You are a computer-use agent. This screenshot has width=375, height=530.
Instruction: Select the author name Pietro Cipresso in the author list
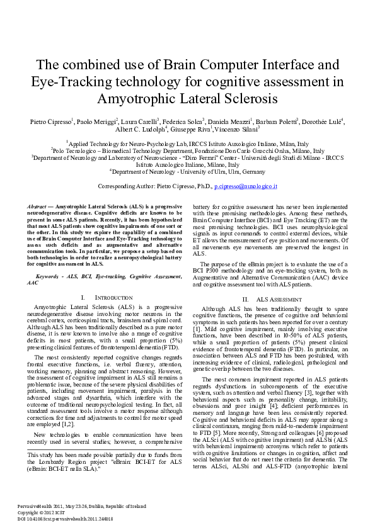tap(51, 121)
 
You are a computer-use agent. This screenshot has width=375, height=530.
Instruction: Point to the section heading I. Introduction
tap(107, 296)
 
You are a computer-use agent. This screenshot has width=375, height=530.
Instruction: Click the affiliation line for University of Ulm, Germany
tap(187, 171)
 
